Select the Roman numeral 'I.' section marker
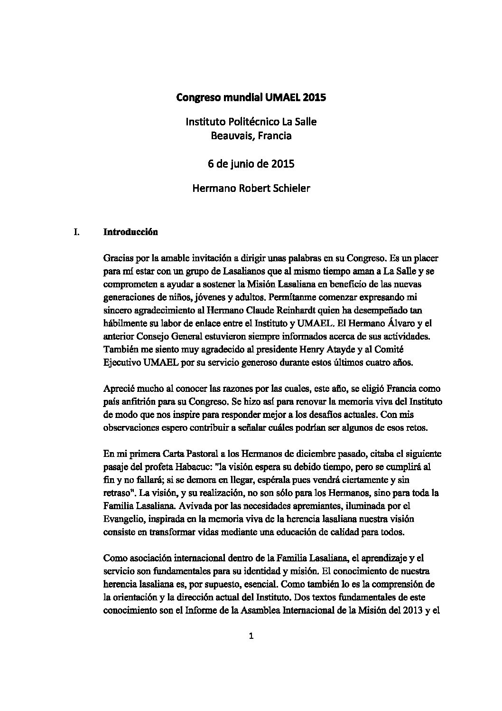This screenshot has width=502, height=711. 73,233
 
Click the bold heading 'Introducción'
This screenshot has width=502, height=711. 130,233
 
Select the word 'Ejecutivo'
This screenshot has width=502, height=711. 121,362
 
